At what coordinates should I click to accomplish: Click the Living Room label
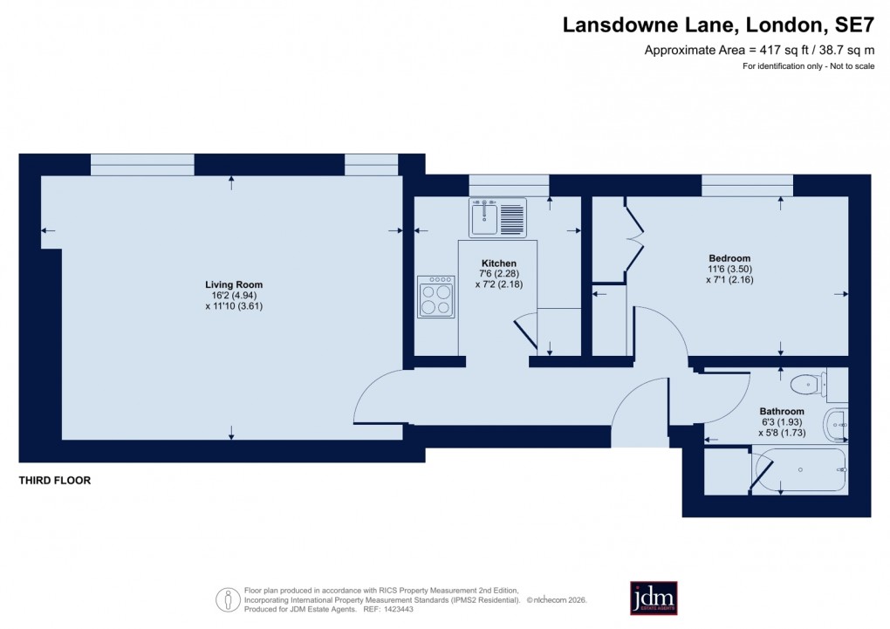[x=233, y=284]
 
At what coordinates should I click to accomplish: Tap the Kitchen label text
[x=498, y=263]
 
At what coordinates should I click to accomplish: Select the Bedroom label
[x=729, y=258]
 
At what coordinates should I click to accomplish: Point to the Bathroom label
[x=781, y=411]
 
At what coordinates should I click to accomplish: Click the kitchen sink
[x=497, y=216]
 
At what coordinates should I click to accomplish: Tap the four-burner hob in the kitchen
[x=435, y=297]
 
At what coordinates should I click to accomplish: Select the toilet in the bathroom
[x=805, y=383]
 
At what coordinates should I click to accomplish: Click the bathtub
[x=800, y=470]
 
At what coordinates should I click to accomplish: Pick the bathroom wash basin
[x=835, y=425]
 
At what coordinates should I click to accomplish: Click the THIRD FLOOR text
[x=55, y=481]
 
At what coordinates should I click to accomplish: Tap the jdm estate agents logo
[x=654, y=598]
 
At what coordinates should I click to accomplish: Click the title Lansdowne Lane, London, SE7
[x=718, y=25]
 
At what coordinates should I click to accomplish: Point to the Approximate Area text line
[x=759, y=50]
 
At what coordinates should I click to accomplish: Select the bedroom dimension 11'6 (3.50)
[x=729, y=270]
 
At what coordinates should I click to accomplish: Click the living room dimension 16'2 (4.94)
[x=233, y=296]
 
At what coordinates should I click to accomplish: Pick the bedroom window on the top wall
[x=747, y=185]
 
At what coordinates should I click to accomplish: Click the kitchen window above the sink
[x=509, y=185]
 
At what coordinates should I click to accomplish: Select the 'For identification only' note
[x=808, y=67]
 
